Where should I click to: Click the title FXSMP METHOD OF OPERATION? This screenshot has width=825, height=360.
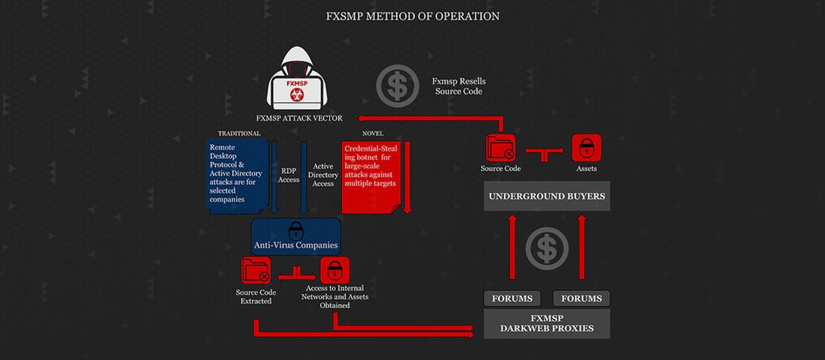click(x=412, y=16)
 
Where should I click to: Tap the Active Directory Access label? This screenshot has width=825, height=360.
click(x=323, y=175)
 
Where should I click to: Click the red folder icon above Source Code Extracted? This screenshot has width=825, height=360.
click(x=256, y=271)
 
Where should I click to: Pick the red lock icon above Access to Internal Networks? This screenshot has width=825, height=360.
click(x=335, y=271)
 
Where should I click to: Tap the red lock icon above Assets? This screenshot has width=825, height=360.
click(x=586, y=148)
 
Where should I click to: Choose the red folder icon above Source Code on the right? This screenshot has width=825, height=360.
click(x=500, y=148)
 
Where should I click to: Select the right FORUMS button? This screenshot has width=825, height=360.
click(x=581, y=298)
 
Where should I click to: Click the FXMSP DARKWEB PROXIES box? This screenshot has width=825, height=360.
click(x=547, y=323)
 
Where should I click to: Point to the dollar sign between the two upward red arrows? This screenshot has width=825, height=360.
click(x=547, y=249)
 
